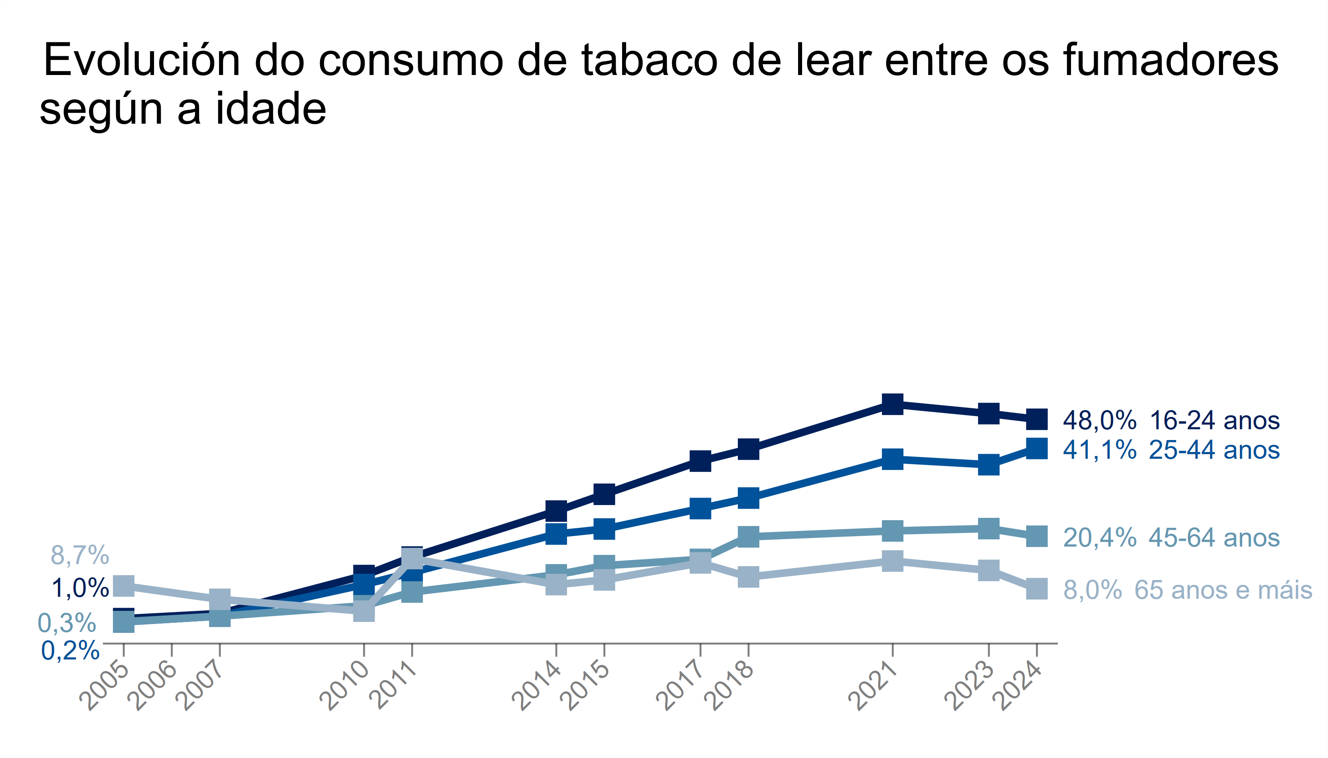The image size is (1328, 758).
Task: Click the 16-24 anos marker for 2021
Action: pyautogui.click(x=892, y=404)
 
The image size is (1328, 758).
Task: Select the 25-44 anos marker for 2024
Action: pyautogui.click(x=1036, y=448)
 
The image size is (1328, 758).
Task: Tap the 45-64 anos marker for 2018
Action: pyautogui.click(x=748, y=536)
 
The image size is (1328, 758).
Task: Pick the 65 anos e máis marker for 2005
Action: pyautogui.click(x=124, y=586)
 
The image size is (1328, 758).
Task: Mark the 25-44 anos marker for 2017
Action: pyautogui.click(x=700, y=508)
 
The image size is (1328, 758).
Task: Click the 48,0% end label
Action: pyautogui.click(x=1099, y=420)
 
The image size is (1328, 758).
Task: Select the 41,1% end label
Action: pyautogui.click(x=1099, y=450)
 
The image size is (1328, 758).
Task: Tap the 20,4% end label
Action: pyautogui.click(x=1099, y=538)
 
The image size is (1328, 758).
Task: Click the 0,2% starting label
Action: pyautogui.click(x=70, y=651)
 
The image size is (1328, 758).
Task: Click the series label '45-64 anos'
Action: pyautogui.click(x=1213, y=538)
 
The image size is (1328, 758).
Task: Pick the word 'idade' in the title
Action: pyautogui.click(x=271, y=109)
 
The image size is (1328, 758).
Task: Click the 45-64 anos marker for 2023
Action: pyautogui.click(x=988, y=529)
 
